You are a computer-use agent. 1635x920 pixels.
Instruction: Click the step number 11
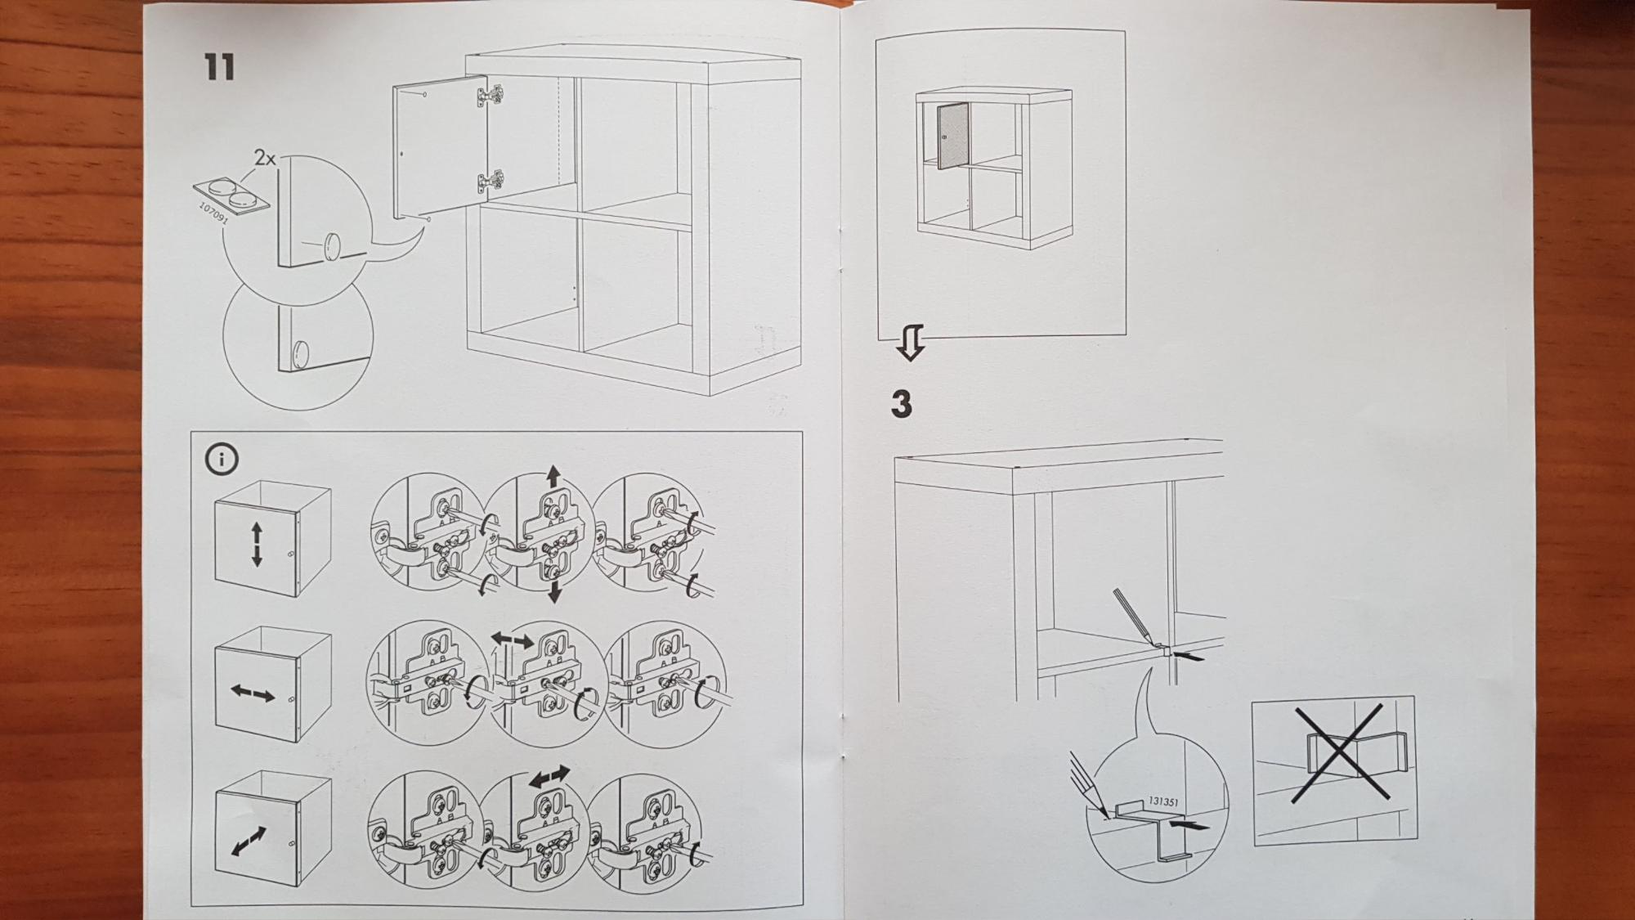(219, 67)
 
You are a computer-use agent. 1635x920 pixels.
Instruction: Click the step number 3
(901, 404)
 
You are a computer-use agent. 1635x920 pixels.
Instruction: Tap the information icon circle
(222, 460)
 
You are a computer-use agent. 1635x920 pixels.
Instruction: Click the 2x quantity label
(265, 158)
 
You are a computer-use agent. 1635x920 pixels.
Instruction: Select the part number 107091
(213, 213)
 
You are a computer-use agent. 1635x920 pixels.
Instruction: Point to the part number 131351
(1162, 802)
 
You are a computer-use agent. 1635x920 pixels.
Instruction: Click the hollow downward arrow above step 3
(910, 343)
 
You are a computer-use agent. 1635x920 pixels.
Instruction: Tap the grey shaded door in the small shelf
(952, 136)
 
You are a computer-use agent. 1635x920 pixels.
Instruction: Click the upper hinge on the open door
(489, 96)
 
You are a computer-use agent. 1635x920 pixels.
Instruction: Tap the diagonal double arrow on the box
(249, 841)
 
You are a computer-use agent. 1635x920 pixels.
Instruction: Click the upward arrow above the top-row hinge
(553, 477)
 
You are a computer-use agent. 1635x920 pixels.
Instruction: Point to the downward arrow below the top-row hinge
(554, 591)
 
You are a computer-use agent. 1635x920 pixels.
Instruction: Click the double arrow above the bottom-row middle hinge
(549, 777)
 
